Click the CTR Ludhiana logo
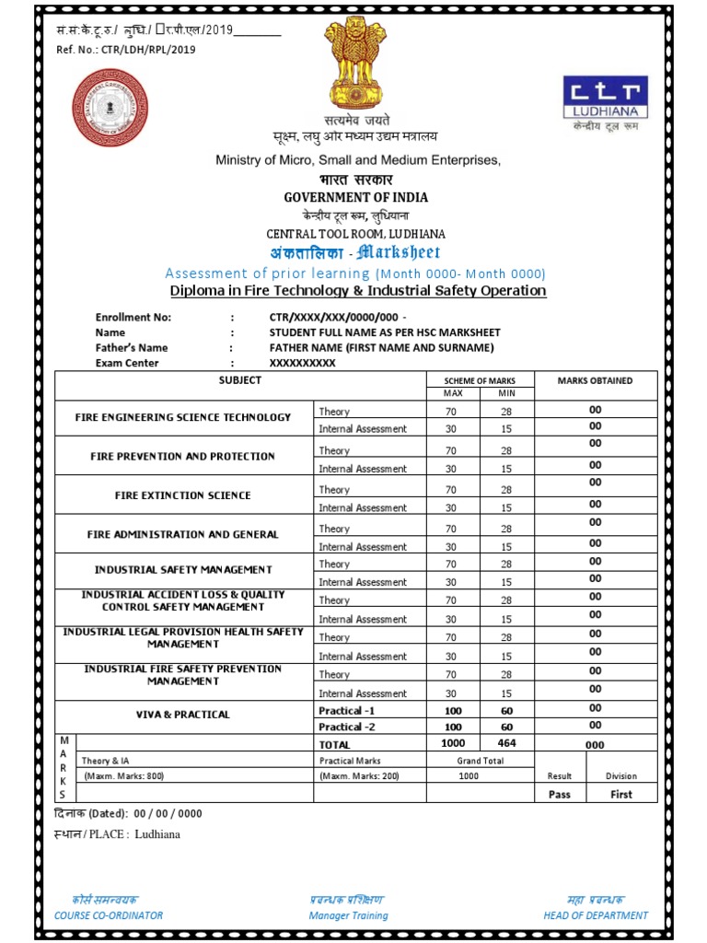(605, 99)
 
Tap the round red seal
(110, 106)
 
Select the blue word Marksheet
(398, 252)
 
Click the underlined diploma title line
(358, 291)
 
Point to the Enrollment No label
(133, 318)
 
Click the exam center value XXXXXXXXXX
(302, 363)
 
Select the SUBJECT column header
(239, 380)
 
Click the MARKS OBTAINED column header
(595, 380)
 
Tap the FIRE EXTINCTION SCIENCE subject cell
(182, 495)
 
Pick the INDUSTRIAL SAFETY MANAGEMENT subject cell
(183, 570)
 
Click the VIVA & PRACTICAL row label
(183, 715)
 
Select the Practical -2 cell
(347, 728)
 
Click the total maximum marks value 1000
(452, 743)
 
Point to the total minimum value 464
(506, 743)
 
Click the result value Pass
(559, 794)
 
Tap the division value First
(621, 794)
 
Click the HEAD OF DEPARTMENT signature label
(596, 915)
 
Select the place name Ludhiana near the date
(157, 834)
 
